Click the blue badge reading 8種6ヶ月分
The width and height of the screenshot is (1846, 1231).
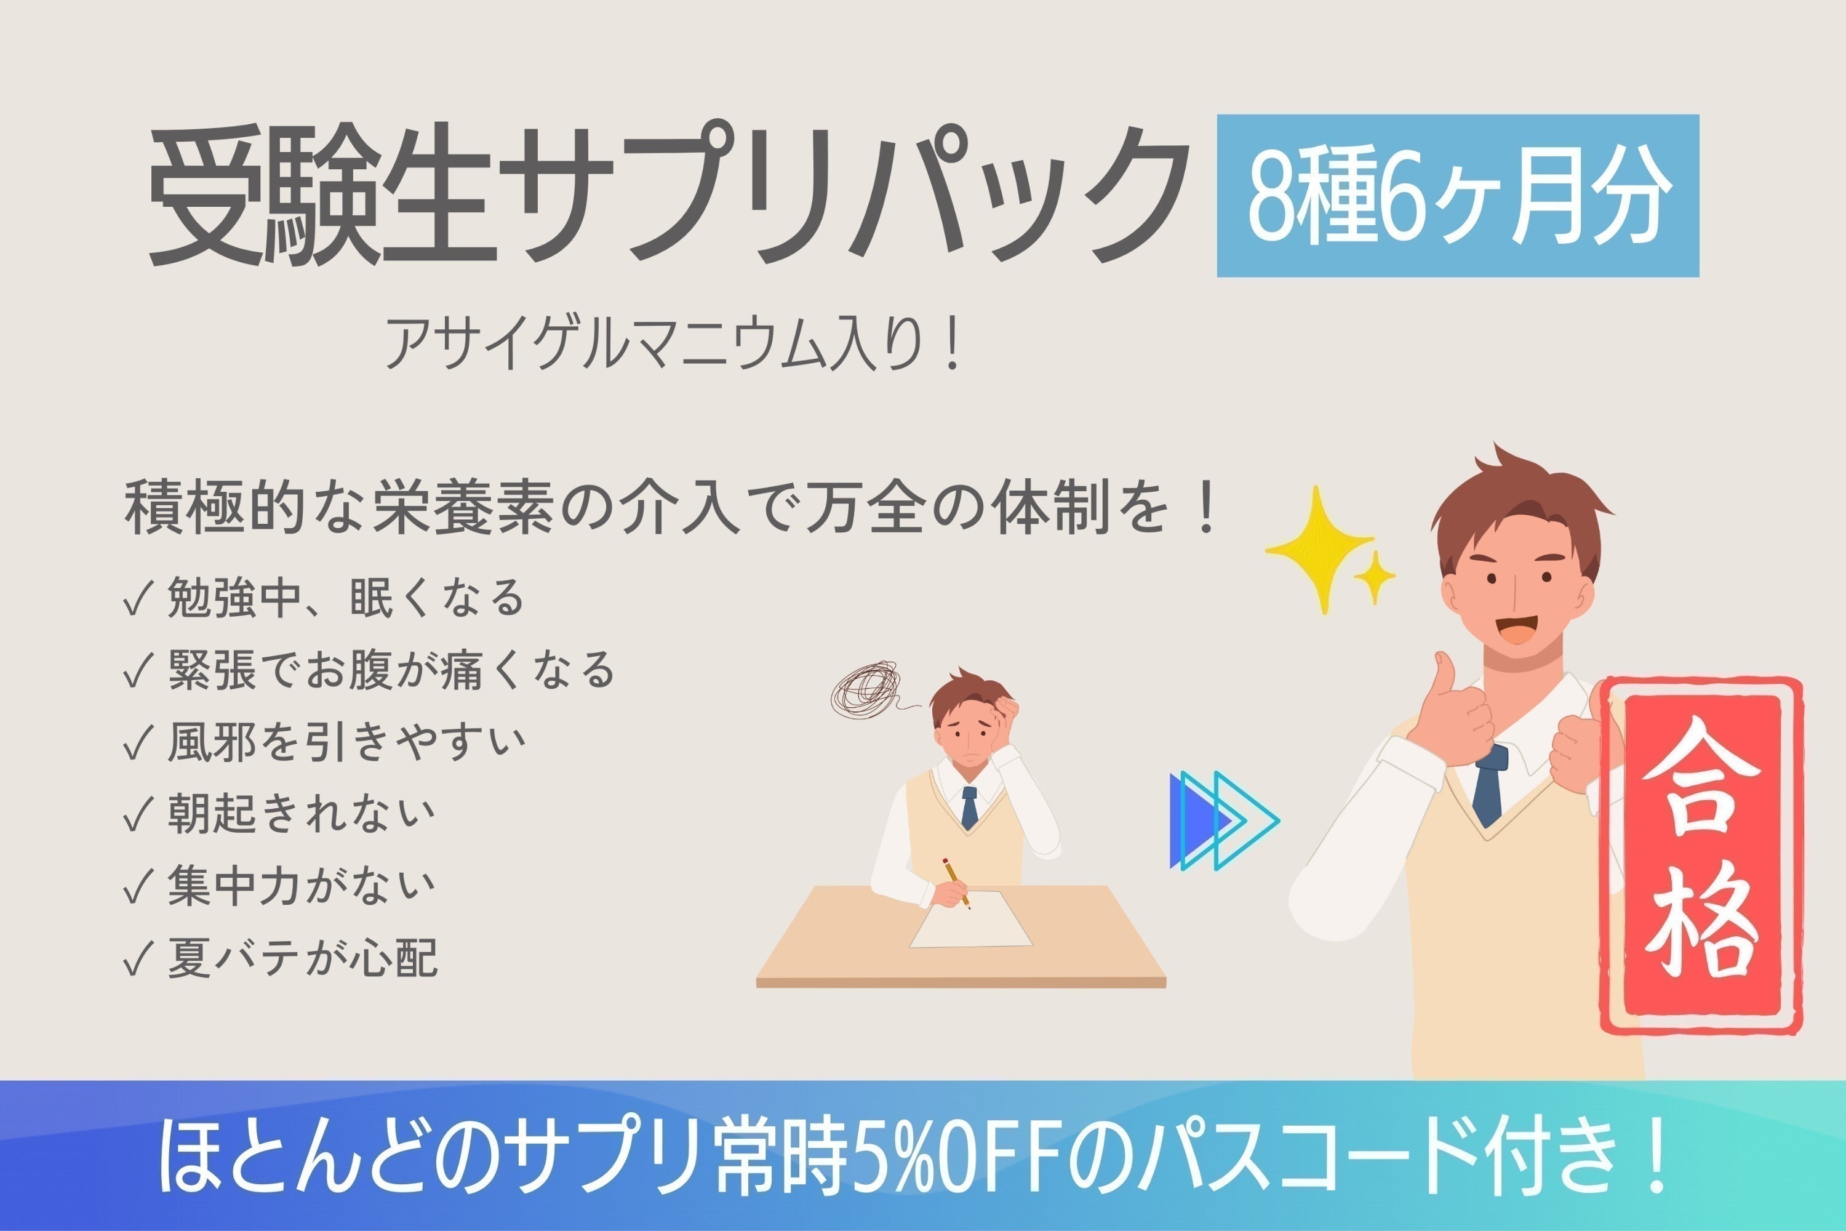tap(1458, 196)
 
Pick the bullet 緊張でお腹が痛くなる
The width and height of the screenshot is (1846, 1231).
tap(390, 670)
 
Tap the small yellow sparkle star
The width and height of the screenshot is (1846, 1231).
tap(1374, 577)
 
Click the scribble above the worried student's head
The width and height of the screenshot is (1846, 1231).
tap(866, 689)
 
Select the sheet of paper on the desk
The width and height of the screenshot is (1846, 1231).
tap(971, 920)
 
